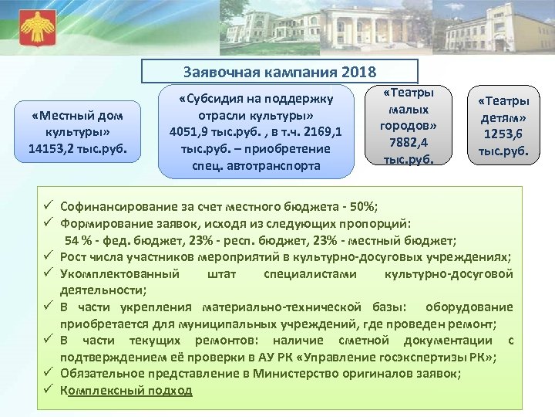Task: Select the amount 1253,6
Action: (x=502, y=133)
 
